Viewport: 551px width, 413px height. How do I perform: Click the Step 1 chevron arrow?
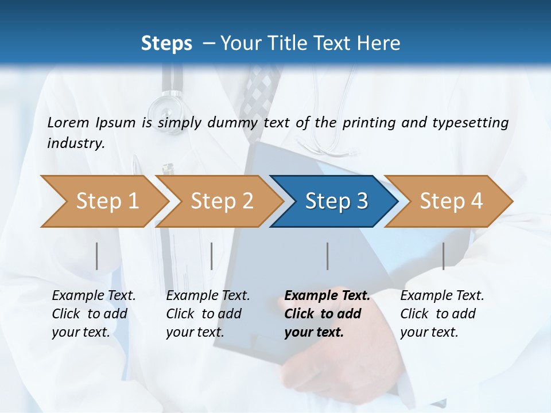103,201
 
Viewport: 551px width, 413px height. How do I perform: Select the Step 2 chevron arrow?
219,201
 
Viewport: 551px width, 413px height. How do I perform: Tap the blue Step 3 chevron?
333,201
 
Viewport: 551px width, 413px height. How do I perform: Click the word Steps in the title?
166,44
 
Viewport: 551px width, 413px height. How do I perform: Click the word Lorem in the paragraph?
68,122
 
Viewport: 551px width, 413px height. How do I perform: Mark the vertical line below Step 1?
97,256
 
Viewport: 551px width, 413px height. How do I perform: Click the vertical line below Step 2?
212,256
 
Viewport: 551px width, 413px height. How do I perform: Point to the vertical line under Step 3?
327,256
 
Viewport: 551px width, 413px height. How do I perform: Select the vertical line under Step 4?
443,256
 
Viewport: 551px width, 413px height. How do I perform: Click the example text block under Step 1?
94,314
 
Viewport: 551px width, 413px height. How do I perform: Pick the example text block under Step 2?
208,314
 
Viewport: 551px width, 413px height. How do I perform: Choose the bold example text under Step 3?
327,314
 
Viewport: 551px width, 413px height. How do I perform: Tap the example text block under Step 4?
442,314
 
